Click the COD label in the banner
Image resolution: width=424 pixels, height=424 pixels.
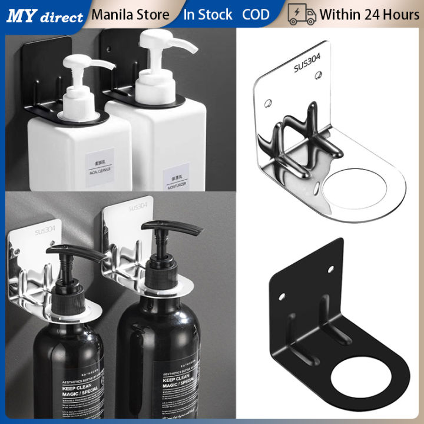256,15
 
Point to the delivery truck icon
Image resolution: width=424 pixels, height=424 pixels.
302,15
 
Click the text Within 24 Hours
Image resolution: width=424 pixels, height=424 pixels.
369,15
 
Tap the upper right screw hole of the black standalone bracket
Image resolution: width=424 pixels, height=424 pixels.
330,269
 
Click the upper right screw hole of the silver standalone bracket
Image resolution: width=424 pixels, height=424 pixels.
319,75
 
